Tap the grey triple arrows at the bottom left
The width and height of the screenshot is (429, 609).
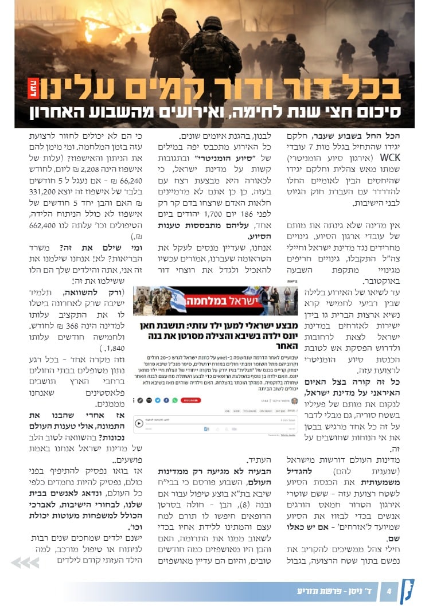(25, 563)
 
